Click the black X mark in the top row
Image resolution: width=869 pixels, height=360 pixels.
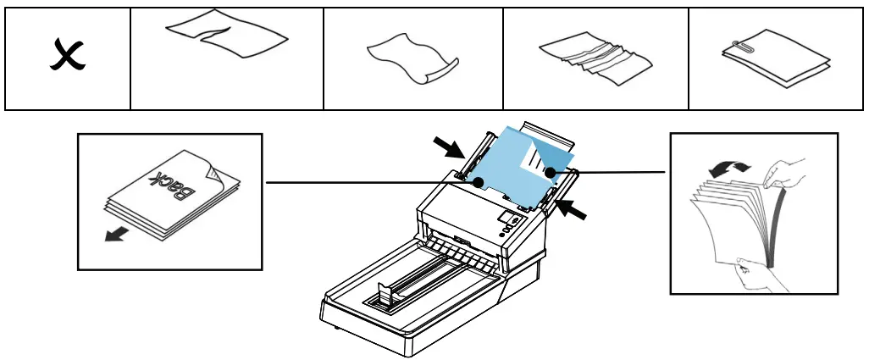click(68, 58)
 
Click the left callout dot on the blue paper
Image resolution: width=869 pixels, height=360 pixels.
click(479, 181)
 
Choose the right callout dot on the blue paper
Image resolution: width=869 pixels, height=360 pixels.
click(550, 172)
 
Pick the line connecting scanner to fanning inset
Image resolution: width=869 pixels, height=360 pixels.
click(610, 172)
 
